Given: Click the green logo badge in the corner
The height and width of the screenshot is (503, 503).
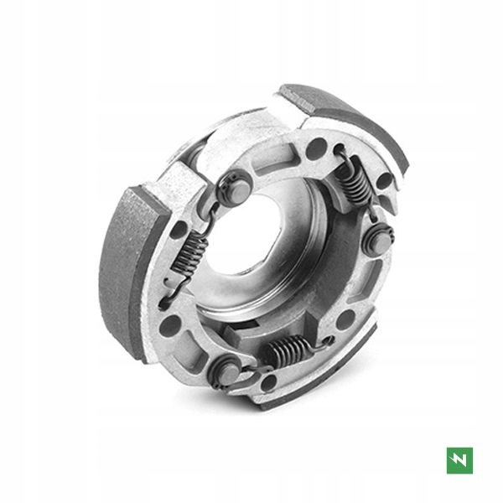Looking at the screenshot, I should [459, 459].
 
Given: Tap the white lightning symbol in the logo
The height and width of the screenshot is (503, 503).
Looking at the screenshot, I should [459, 459].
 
